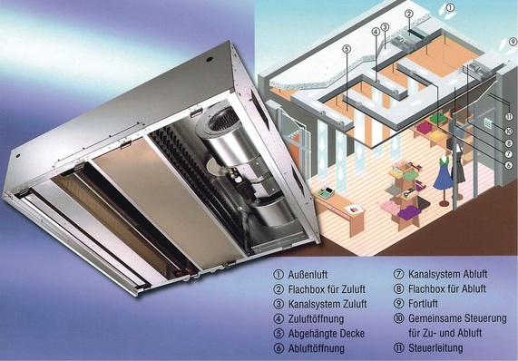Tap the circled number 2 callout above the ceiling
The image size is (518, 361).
point(409,15)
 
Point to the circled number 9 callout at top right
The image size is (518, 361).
point(513,42)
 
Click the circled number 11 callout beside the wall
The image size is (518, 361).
point(509,117)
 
